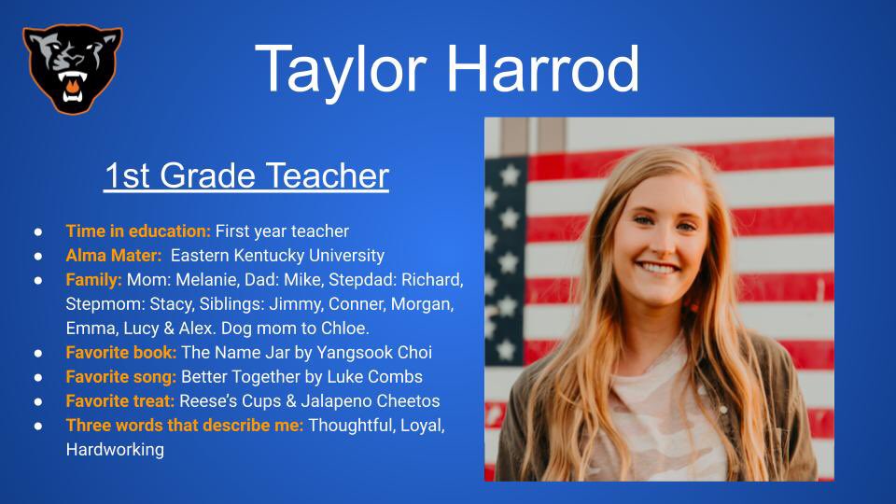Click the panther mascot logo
click(72, 67)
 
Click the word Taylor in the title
click(342, 68)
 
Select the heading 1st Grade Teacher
click(245, 175)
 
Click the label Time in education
click(138, 231)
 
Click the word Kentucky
click(278, 255)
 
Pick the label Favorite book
click(120, 353)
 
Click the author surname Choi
click(413, 353)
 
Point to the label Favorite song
click(121, 377)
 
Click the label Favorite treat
click(121, 401)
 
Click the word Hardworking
click(115, 450)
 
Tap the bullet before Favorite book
click(38, 354)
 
